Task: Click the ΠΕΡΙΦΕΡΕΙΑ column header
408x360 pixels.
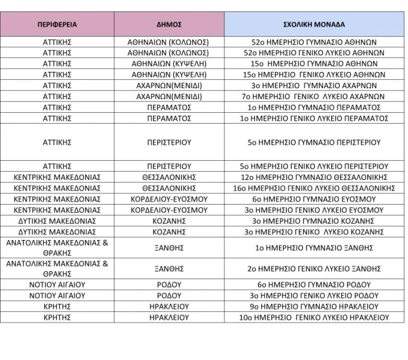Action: (x=57, y=25)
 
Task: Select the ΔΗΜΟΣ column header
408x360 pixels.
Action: (x=169, y=25)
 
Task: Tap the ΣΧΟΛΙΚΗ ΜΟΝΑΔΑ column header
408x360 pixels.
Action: (x=314, y=25)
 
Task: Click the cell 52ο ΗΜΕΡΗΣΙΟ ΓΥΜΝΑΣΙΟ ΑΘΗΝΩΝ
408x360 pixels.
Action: (x=314, y=43)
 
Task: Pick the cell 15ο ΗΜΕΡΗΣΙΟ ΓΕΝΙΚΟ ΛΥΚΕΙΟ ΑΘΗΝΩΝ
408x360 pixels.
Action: (x=314, y=74)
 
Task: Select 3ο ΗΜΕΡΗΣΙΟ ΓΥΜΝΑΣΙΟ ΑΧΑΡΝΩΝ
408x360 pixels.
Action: (x=314, y=85)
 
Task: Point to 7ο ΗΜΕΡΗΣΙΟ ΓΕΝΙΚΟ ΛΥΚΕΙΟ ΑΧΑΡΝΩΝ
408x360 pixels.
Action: (x=314, y=96)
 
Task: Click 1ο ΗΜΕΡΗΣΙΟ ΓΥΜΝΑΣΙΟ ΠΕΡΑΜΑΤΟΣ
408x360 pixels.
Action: (x=314, y=107)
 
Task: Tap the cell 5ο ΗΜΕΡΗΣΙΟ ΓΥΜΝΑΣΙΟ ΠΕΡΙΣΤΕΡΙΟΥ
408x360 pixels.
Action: (x=314, y=142)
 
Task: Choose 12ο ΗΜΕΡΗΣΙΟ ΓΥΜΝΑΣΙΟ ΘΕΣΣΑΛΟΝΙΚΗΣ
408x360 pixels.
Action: (x=314, y=177)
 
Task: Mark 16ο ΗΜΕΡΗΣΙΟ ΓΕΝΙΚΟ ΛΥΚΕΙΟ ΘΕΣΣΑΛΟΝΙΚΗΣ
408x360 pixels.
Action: (x=314, y=188)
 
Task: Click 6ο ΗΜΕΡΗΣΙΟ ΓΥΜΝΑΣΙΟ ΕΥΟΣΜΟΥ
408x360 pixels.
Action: (x=314, y=199)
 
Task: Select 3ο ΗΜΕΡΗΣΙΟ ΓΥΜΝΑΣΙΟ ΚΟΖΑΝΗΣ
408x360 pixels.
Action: (x=314, y=221)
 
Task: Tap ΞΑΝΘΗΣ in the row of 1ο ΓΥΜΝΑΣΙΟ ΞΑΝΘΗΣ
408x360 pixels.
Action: (x=169, y=247)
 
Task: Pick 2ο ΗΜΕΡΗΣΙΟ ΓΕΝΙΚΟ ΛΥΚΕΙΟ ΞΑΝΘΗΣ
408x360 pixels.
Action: (x=314, y=268)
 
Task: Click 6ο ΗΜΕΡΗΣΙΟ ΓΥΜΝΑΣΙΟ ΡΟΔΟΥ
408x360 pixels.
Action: (x=314, y=284)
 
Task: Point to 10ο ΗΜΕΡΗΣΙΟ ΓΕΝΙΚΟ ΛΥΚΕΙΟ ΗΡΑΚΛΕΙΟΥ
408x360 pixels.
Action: (x=314, y=317)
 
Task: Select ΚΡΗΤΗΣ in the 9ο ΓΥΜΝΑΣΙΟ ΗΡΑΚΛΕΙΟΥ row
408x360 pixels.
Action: (x=57, y=306)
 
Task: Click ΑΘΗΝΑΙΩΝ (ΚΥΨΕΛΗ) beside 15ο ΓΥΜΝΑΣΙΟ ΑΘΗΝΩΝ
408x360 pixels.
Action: (x=169, y=64)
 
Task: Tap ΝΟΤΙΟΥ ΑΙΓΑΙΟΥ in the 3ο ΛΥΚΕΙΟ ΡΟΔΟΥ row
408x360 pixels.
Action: (x=57, y=295)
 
